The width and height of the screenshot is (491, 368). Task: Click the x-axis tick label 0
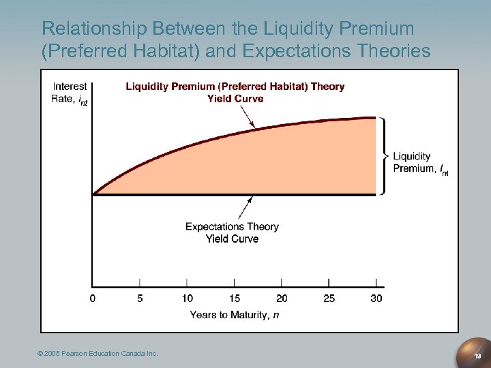93,298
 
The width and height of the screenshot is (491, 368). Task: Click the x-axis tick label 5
140,298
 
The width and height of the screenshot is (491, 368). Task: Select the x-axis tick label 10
187,298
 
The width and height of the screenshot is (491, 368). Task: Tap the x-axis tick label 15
235,298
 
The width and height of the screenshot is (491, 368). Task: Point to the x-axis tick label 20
282,298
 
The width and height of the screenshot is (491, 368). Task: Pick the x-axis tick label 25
329,298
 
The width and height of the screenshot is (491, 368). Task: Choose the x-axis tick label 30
376,298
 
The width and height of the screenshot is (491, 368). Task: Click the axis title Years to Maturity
235,314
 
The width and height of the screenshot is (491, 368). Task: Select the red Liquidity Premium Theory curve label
235,92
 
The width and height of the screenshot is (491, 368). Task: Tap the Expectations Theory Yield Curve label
232,232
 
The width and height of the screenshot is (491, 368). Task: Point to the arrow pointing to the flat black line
245,209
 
